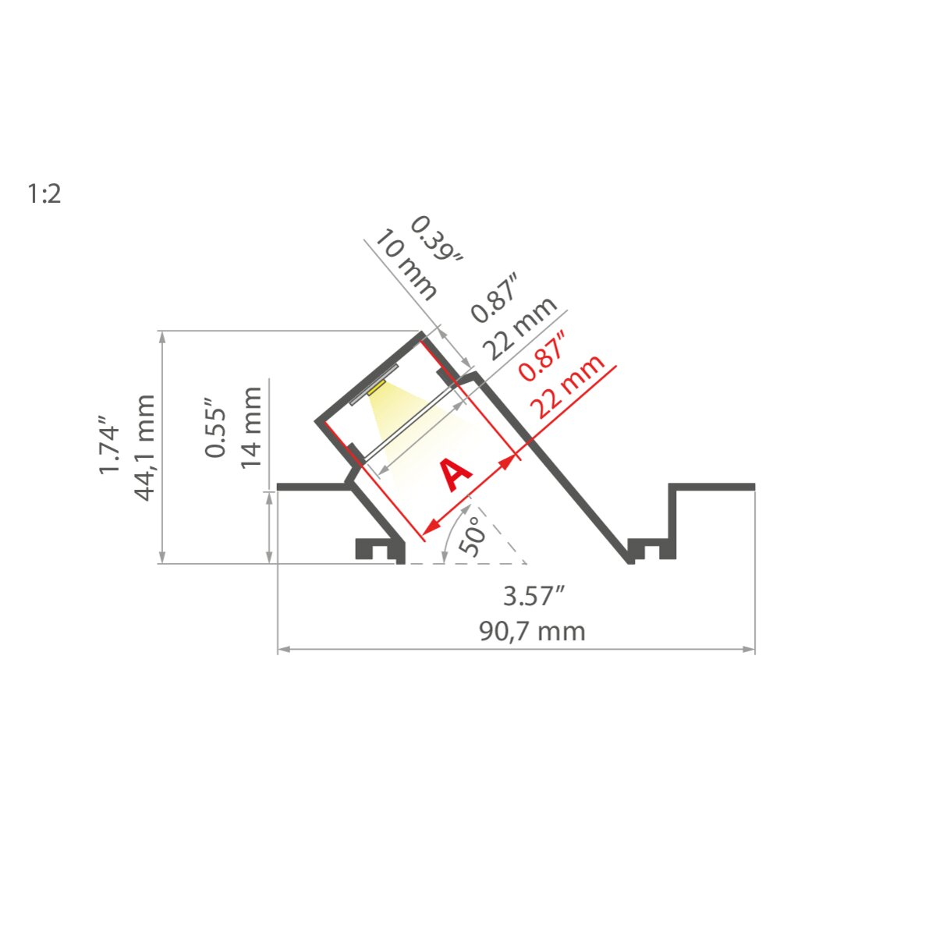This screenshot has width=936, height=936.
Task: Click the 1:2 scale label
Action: (44, 193)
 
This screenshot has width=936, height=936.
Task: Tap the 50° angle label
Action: (473, 536)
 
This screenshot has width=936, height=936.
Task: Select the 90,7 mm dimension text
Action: (533, 632)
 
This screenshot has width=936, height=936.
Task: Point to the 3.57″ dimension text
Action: (534, 596)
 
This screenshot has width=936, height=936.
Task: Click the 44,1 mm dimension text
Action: (144, 448)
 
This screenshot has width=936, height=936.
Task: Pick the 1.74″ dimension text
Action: (108, 444)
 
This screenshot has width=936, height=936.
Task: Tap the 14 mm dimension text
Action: (251, 427)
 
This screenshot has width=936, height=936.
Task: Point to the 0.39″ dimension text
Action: (436, 239)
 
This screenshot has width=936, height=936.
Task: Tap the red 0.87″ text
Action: (542, 356)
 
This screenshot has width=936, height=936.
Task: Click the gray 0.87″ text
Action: (494, 298)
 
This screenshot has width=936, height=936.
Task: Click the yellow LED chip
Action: (377, 387)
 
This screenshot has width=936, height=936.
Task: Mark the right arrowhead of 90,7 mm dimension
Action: (749, 648)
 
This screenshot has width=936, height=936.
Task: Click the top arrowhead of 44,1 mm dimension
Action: (163, 338)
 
